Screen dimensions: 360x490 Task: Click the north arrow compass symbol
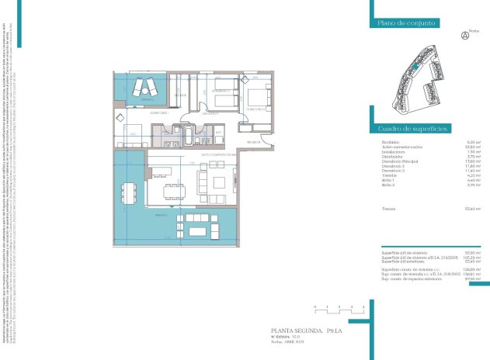pyautogui.click(x=465, y=35)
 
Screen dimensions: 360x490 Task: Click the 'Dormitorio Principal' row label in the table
pyautogui.click(x=398, y=161)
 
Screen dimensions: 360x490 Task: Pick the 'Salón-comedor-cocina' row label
pyautogui.click(x=400, y=147)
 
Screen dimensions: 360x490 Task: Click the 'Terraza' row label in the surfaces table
pyautogui.click(x=389, y=209)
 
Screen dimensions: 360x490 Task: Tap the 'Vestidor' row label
pyautogui.click(x=389, y=175)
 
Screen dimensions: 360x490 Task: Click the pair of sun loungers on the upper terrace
pyautogui.click(x=144, y=88)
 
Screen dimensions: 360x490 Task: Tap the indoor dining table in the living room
pyautogui.click(x=172, y=189)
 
